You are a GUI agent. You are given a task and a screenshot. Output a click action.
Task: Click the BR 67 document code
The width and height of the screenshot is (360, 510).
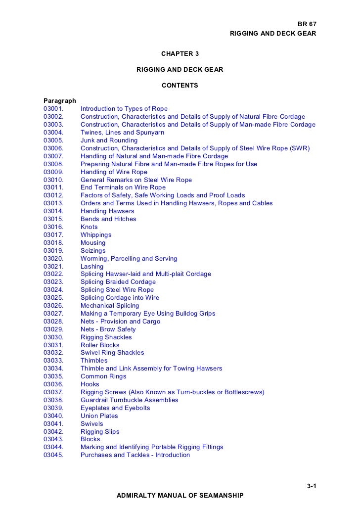click(x=306, y=24)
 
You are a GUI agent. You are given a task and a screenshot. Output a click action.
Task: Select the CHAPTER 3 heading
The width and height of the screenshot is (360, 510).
click(x=180, y=53)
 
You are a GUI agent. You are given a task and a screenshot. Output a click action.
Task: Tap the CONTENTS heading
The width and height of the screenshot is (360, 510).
click(x=180, y=86)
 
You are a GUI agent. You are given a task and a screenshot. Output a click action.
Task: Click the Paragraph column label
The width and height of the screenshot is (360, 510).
click(x=60, y=101)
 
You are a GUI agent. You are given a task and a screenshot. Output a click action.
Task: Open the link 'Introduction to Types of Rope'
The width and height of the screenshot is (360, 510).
click(x=124, y=109)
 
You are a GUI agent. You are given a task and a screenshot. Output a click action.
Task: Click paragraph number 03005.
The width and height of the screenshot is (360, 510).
click(x=53, y=140)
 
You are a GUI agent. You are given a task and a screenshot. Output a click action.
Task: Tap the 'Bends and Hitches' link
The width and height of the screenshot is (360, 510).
click(x=108, y=219)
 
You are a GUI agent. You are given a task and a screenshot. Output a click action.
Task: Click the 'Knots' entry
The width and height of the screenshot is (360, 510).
click(x=89, y=227)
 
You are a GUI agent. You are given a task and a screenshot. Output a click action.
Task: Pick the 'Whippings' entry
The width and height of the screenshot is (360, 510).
click(x=96, y=235)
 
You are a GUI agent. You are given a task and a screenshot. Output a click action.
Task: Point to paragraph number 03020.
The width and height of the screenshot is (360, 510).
click(x=53, y=259)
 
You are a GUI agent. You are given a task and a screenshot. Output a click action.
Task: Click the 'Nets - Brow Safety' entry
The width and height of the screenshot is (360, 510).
click(x=108, y=329)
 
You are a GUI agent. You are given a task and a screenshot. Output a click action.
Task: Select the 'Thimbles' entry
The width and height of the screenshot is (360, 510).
click(x=94, y=361)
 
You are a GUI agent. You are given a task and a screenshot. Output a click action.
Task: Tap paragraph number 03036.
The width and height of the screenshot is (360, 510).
click(x=53, y=384)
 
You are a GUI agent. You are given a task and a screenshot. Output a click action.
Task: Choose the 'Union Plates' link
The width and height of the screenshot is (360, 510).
click(x=99, y=416)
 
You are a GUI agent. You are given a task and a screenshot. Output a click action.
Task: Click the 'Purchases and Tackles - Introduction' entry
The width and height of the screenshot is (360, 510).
click(x=135, y=455)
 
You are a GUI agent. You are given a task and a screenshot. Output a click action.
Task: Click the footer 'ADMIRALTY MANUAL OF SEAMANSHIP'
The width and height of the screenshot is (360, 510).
click(x=180, y=495)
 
